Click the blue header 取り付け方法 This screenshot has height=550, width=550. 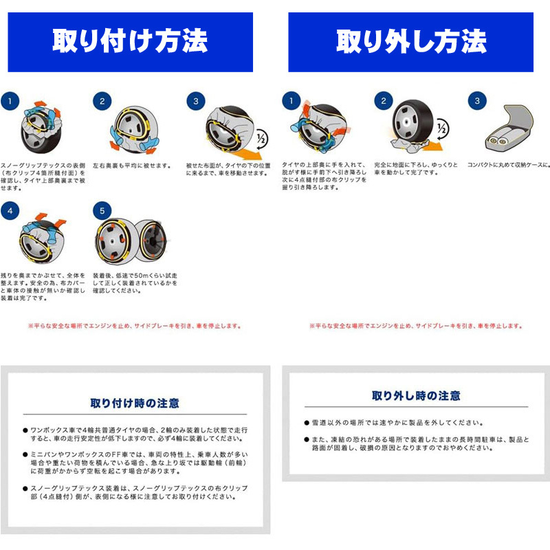pos(130,41)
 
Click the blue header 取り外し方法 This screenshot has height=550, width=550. pos(410,41)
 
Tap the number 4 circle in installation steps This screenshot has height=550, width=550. pos(10,210)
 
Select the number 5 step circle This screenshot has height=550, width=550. pos(102,210)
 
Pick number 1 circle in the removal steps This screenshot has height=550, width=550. pos(291,101)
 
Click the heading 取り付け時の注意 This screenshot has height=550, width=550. pos(135,403)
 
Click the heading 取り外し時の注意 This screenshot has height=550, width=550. pos(416,396)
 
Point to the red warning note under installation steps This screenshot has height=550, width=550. pos(135,325)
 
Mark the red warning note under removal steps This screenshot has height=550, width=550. pos(415,325)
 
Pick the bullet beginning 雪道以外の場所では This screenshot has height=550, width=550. pos(398,423)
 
